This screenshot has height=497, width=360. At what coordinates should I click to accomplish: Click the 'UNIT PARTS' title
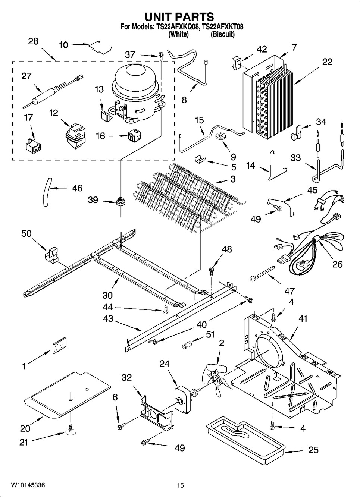tap(179, 17)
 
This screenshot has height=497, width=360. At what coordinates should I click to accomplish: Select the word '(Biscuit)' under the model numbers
tap(222, 34)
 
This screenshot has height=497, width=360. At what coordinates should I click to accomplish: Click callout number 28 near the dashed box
tap(33, 41)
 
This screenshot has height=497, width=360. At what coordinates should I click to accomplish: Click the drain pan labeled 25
tap(246, 443)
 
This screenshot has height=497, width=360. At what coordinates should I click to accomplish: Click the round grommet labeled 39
tap(120, 201)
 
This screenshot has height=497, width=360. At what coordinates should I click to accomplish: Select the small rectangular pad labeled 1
tap(60, 345)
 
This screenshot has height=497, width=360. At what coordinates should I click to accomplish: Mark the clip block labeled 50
tap(52, 255)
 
